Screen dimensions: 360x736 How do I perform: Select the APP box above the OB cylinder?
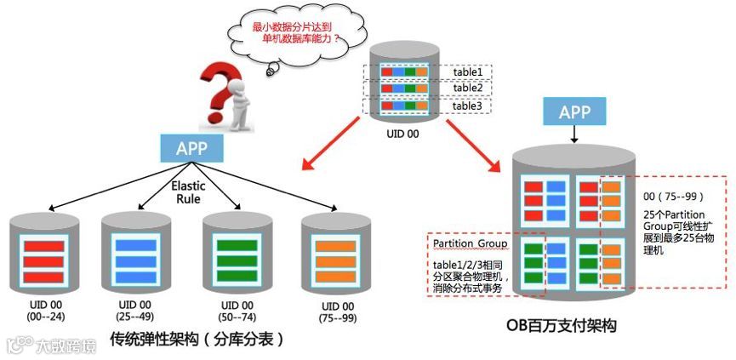[x=578, y=111]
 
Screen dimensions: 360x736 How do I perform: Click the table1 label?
[x=465, y=71]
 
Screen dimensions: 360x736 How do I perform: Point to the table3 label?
[x=465, y=106]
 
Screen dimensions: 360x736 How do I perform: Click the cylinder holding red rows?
[x=37, y=251]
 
